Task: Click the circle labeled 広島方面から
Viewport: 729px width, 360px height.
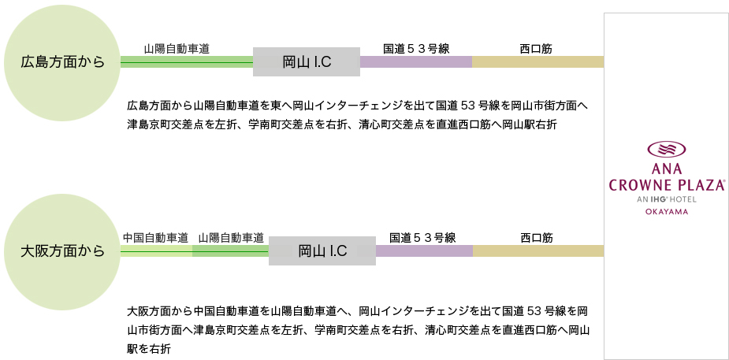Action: click(x=62, y=63)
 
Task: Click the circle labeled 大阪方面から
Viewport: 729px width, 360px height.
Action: click(x=62, y=252)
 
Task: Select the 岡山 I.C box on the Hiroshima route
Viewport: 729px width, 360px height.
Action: click(x=307, y=61)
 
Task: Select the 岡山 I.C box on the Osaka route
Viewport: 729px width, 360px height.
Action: click(x=322, y=251)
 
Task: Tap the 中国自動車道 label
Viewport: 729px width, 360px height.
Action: click(x=155, y=239)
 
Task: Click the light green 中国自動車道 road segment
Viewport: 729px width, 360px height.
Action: click(x=156, y=251)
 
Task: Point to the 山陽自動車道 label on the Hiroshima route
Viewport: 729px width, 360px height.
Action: click(x=177, y=50)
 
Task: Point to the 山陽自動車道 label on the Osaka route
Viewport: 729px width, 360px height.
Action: click(x=231, y=239)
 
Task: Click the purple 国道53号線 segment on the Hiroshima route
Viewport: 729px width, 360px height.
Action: click(x=416, y=61)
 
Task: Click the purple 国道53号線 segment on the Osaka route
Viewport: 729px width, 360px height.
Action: click(x=425, y=251)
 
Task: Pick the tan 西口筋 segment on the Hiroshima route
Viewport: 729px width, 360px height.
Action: click(x=538, y=61)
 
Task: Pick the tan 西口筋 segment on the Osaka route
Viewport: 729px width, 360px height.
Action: click(x=538, y=251)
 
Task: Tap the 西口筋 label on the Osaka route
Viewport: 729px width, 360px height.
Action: click(x=537, y=239)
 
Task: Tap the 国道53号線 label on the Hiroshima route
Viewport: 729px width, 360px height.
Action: click(x=416, y=49)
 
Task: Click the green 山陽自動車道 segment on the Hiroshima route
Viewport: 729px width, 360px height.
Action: click(x=187, y=61)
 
